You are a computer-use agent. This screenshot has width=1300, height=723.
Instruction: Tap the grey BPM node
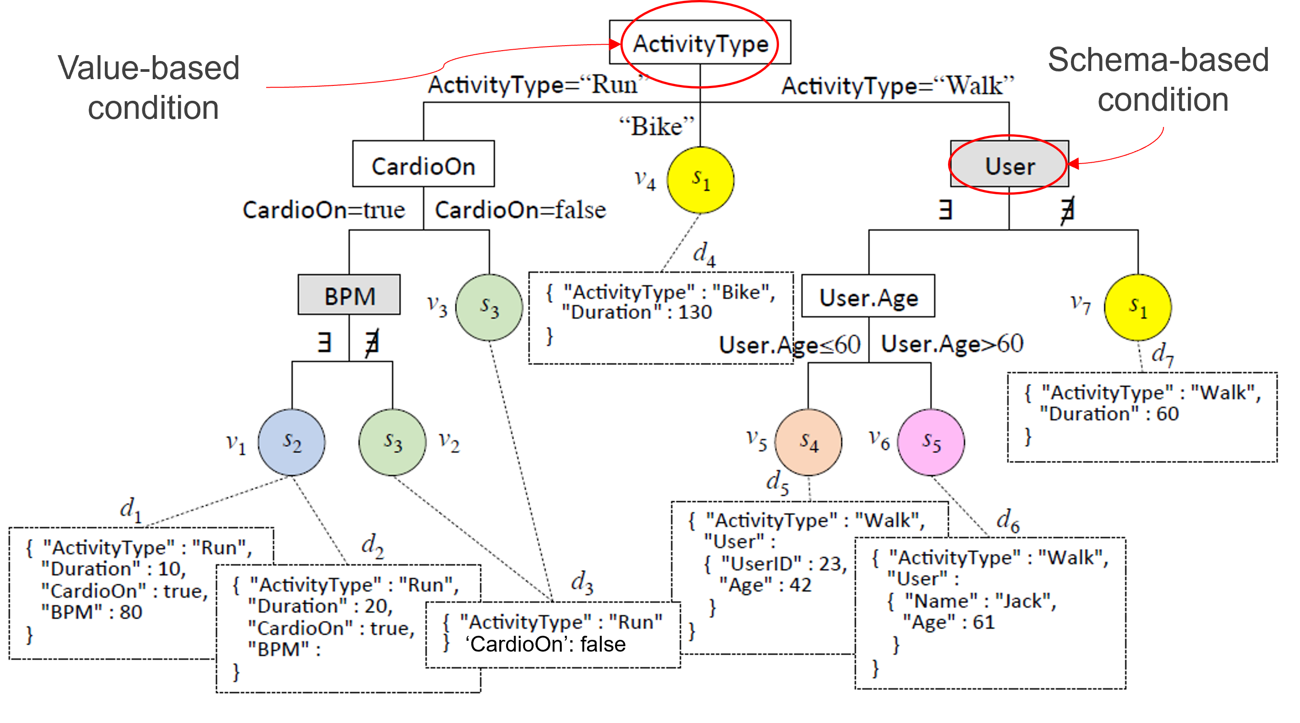click(349, 296)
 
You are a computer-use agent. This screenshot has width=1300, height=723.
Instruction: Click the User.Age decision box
click(868, 297)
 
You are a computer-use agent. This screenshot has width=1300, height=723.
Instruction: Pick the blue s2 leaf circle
click(292, 442)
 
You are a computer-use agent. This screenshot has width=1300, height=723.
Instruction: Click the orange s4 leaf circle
click(808, 442)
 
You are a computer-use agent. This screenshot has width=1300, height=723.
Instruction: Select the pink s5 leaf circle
click(931, 442)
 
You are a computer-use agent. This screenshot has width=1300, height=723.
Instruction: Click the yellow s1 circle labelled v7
click(1138, 307)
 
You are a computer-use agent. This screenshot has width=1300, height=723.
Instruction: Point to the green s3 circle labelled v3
click(489, 307)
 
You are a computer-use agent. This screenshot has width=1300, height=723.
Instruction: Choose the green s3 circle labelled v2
click(393, 442)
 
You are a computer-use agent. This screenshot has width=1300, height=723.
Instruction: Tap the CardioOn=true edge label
click(324, 210)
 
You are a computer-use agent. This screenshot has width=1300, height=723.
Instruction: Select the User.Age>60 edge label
click(952, 344)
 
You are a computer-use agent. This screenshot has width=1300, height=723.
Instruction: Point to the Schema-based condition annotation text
click(1159, 80)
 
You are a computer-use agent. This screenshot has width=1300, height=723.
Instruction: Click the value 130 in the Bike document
click(695, 312)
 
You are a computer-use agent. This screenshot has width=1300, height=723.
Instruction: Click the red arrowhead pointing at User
click(1073, 164)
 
